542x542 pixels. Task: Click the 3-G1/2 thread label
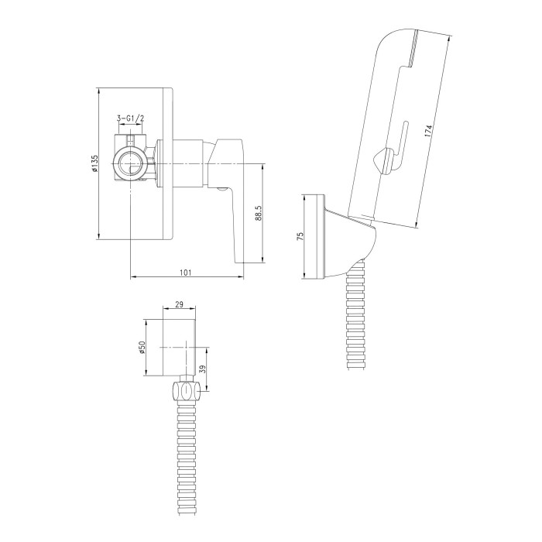[131, 118]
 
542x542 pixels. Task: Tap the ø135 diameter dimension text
[94, 163]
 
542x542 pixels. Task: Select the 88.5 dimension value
[259, 213]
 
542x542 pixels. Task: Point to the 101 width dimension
[186, 273]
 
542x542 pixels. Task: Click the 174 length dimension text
[429, 131]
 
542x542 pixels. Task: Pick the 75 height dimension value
[300, 236]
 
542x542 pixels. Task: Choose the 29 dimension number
[179, 304]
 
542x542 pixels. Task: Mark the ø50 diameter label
[142, 348]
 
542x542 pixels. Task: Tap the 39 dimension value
[203, 369]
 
